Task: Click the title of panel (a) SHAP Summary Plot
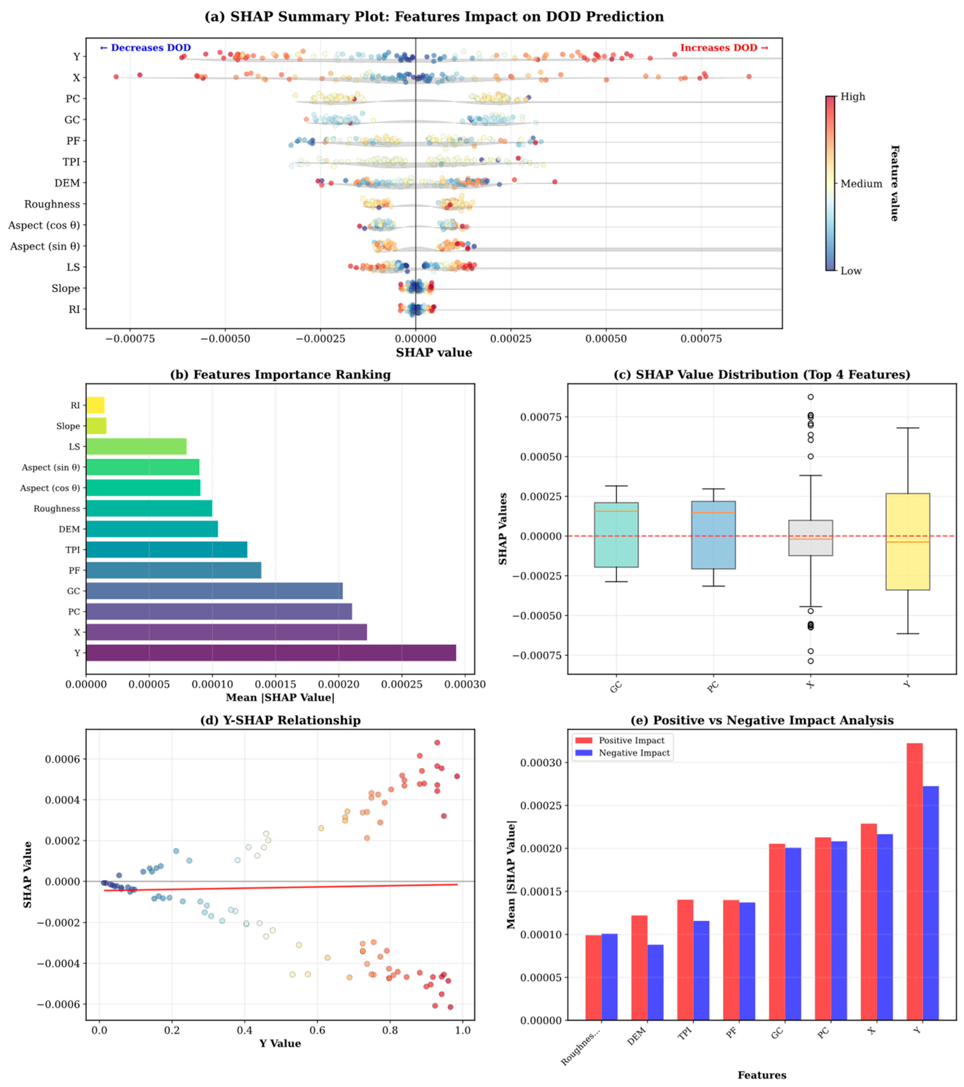[x=434, y=16]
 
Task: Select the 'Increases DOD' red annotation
[x=724, y=48]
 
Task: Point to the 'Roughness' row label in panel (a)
[x=52, y=204]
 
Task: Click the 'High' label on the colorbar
[x=852, y=97]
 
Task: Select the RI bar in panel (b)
[x=95, y=405]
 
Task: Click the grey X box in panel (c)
[x=810, y=538]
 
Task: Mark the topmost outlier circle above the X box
[x=810, y=397]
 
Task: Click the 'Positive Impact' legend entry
[x=631, y=740]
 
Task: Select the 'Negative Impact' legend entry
[x=634, y=753]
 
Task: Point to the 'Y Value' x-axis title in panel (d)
[x=280, y=1043]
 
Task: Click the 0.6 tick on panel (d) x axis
[x=317, y=1030]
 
